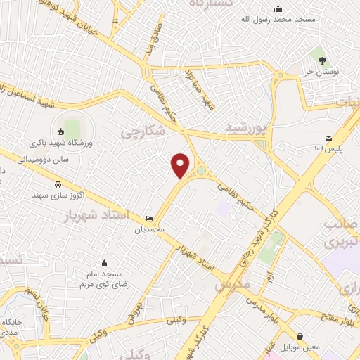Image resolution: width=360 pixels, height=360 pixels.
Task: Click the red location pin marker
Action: [x=181, y=165]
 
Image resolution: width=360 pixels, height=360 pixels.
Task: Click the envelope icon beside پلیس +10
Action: [x=328, y=138]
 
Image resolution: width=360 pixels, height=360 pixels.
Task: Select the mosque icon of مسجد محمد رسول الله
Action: [x=278, y=9]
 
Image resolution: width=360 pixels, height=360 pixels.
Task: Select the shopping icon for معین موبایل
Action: [x=300, y=337]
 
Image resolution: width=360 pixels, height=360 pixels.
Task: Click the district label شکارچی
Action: [x=139, y=131]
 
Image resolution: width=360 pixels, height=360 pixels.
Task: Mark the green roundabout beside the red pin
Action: [x=202, y=169]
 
